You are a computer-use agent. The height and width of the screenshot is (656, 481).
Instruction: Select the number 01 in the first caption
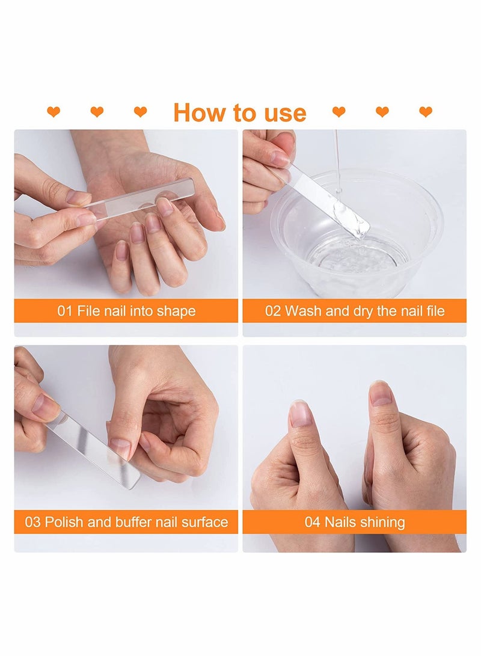pyautogui.click(x=64, y=311)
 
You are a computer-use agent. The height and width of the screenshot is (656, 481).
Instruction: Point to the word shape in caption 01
pyautogui.click(x=176, y=311)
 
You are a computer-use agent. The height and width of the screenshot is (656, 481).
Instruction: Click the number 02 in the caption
pyautogui.click(x=274, y=311)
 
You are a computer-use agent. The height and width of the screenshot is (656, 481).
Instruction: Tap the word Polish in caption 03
pyautogui.click(x=64, y=522)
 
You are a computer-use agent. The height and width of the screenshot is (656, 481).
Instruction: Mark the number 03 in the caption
pyautogui.click(x=32, y=522)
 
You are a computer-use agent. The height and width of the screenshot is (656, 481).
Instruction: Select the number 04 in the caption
pyautogui.click(x=312, y=522)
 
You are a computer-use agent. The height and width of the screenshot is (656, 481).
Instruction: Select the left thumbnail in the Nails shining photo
pyautogui.click(x=301, y=414)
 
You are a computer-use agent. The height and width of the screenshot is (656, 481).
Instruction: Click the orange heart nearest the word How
pyautogui.click(x=140, y=112)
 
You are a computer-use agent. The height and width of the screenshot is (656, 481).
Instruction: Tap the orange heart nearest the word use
pyautogui.click(x=339, y=112)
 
